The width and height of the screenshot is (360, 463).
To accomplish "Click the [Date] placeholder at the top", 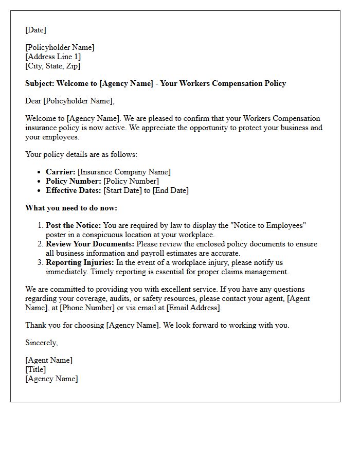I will [x=35, y=30].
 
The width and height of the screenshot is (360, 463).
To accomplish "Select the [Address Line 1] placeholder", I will [x=53, y=57].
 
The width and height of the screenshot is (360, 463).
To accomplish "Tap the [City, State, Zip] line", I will [x=53, y=66].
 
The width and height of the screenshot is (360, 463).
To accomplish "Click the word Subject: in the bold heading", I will [x=40, y=83].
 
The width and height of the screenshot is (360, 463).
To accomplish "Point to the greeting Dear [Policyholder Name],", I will [x=70, y=101].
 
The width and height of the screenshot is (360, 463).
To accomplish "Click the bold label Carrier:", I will [x=61, y=172].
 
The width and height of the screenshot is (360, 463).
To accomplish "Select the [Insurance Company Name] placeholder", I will [x=124, y=172].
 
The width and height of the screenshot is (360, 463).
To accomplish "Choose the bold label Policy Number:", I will [x=74, y=181].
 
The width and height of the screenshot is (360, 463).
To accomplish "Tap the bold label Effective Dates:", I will [x=74, y=190].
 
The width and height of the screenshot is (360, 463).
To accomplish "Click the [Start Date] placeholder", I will [x=123, y=190].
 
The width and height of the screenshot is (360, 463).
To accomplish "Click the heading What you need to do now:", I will [x=71, y=208].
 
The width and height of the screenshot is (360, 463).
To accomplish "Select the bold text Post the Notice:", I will [x=73, y=225].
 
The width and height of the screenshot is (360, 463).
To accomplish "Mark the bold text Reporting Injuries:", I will [x=80, y=262].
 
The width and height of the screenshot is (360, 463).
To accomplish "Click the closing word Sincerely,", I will [x=42, y=343].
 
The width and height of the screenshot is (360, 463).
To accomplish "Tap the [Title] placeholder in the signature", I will [x=35, y=369].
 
